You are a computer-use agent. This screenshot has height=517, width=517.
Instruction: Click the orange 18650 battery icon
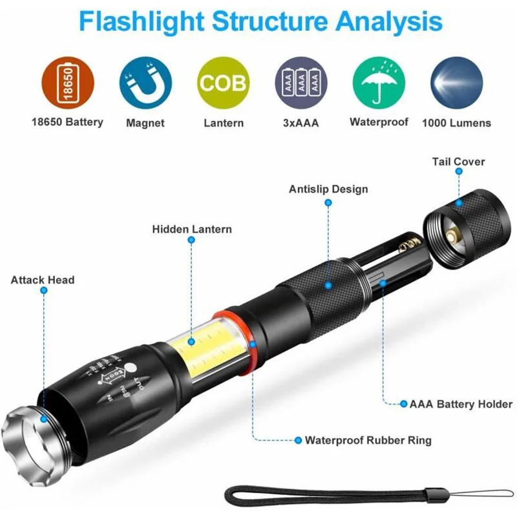click(x=68, y=83)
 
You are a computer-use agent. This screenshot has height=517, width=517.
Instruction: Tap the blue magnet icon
click(x=145, y=83)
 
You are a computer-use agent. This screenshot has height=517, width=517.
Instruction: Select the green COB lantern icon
click(x=223, y=83)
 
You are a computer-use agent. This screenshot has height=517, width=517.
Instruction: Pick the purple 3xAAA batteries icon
click(x=301, y=83)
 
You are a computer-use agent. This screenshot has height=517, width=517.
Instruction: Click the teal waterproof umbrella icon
click(x=379, y=83)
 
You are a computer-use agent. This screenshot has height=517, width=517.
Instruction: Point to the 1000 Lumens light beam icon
click(x=456, y=83)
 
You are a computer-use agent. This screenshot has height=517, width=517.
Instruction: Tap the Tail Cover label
click(x=458, y=162)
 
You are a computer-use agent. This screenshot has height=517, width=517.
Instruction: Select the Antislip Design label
click(x=328, y=189)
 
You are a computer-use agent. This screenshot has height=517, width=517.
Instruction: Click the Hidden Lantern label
click(x=192, y=229)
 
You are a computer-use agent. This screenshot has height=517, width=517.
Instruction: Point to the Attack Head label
click(x=43, y=280)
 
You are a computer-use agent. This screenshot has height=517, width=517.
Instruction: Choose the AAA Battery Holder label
click(x=461, y=405)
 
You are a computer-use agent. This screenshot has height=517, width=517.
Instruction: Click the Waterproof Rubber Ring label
click(x=368, y=440)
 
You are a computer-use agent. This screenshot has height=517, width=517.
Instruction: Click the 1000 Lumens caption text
click(x=456, y=123)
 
